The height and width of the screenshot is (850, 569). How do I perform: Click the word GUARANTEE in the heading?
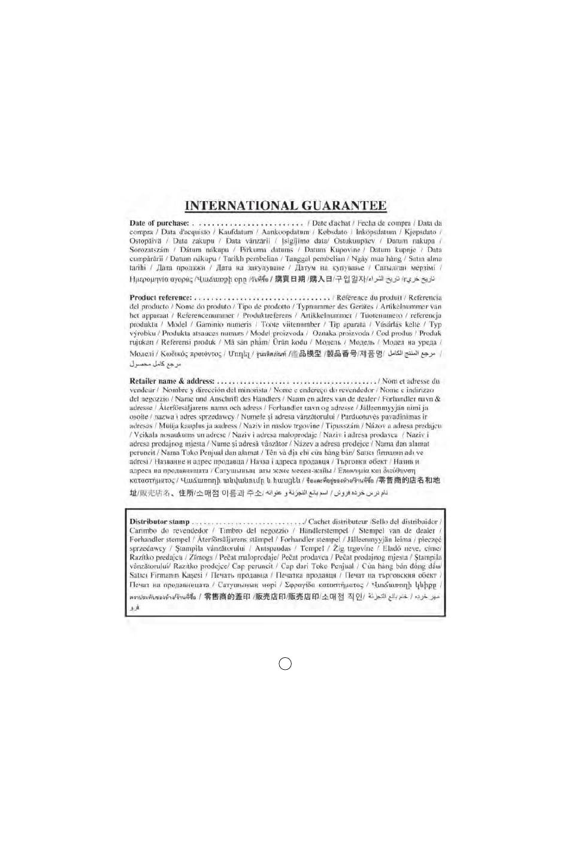pos(344,206)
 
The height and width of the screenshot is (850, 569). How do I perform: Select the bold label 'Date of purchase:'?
pos(159,223)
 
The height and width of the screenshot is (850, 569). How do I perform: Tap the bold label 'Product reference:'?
pos(161,297)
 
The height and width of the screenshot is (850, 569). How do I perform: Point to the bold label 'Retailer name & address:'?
pos(172,381)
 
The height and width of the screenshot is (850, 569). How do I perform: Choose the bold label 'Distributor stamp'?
pos(159,522)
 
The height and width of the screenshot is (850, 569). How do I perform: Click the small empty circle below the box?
pos(286,663)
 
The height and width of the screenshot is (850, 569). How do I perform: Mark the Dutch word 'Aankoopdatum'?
pos(285,232)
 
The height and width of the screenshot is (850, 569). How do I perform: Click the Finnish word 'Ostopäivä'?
pos(146,241)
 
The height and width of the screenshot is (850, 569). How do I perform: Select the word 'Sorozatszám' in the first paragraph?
pos(149,250)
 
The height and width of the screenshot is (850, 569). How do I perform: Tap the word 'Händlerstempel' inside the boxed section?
pos(323,531)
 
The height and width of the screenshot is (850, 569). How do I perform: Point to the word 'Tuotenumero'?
pos(381,315)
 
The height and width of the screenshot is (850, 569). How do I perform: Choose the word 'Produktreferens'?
pos(267,315)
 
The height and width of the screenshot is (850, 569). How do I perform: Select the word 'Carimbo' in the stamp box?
pos(143,531)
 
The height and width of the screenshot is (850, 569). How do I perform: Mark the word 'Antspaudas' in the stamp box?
pos(273,548)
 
